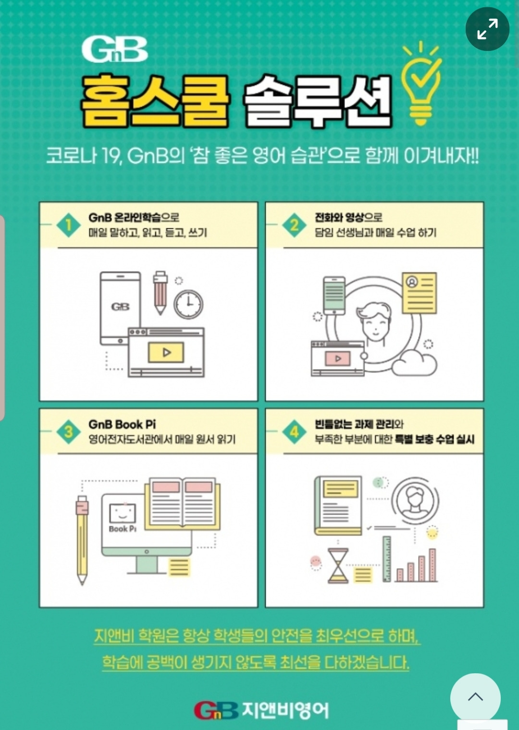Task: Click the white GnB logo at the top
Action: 115,49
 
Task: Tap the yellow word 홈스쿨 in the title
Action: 155,102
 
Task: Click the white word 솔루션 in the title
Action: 318,102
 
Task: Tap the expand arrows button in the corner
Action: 487,29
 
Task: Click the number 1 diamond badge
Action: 68,225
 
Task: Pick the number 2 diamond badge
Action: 294,225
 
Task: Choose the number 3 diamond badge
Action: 68,432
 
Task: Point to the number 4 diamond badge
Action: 294,432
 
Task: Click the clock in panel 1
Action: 188,304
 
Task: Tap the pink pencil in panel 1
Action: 160,293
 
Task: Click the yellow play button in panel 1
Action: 166,352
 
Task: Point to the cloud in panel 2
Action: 414,363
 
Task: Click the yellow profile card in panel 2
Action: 420,293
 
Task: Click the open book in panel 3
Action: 183,504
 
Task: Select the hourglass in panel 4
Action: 338,566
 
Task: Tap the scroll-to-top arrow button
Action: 475,697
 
